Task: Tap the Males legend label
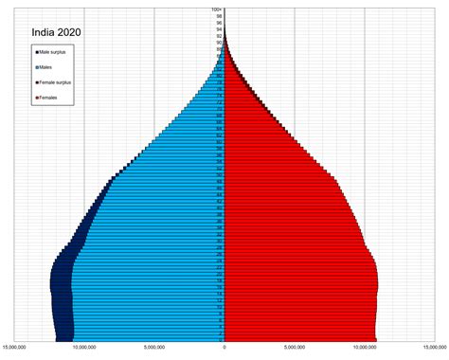point(47,66)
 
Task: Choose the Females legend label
point(49,99)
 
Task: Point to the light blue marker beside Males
point(37,66)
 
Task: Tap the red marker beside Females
point(37,99)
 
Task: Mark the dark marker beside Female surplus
point(37,82)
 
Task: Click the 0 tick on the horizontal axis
point(224,347)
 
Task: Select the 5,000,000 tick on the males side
point(153,347)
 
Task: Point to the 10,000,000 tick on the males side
point(82,347)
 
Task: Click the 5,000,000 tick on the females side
point(296,347)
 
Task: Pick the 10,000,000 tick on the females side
point(367,347)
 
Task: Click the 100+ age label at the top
point(218,9)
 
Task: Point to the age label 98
point(219,16)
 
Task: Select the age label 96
point(219,23)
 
